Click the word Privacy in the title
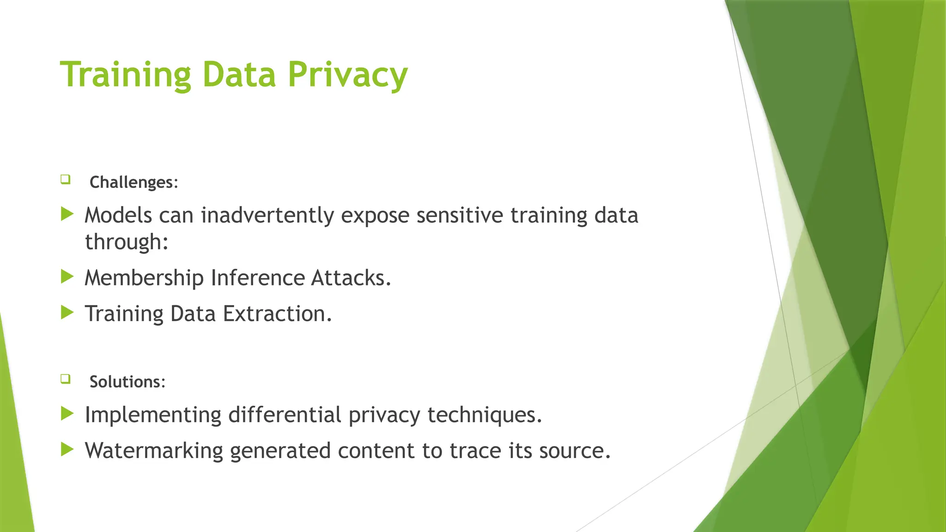347,75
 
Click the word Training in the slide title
125,75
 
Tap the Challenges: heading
133,182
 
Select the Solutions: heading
127,382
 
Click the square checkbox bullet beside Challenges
65,179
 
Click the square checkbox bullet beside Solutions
65,379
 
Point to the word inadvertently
267,216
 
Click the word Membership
144,278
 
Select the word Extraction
277,314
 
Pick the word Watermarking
154,451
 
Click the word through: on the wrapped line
127,242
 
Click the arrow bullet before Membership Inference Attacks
67,277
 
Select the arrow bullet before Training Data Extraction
67,313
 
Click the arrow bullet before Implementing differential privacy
67,413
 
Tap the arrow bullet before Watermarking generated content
67,449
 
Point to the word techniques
484,415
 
